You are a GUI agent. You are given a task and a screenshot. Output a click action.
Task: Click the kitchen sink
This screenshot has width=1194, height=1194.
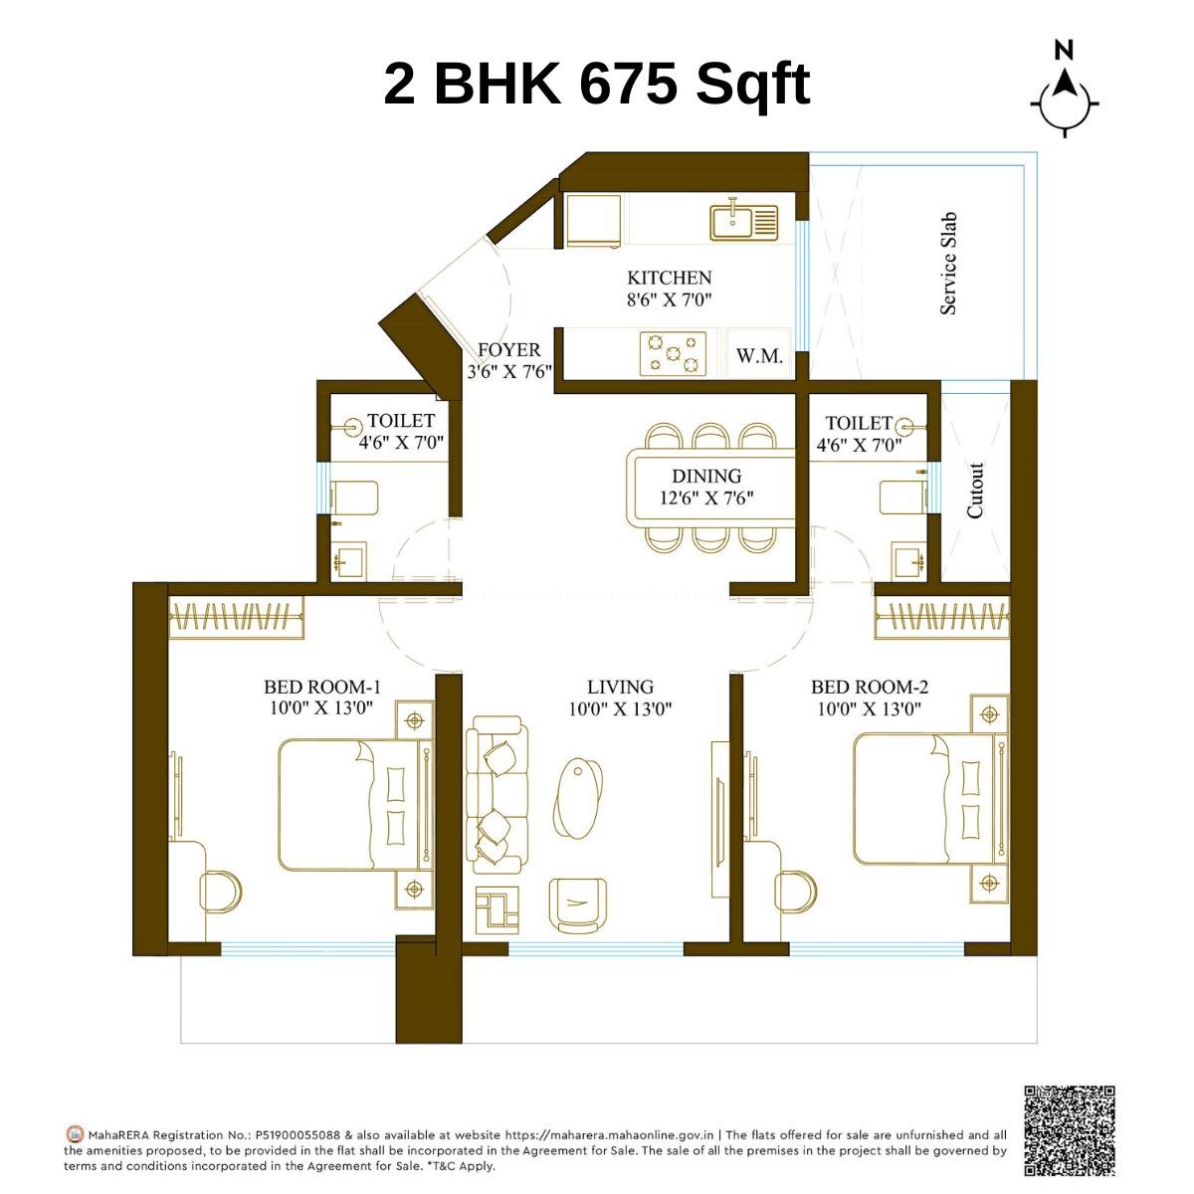743,221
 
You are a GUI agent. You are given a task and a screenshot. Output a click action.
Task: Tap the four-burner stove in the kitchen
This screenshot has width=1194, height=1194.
673,354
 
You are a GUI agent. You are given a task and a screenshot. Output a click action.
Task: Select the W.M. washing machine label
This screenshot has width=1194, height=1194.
759,356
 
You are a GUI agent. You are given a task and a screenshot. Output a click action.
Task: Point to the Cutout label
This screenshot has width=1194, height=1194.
975,490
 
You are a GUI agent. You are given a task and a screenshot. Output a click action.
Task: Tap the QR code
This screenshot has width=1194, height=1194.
1069,1129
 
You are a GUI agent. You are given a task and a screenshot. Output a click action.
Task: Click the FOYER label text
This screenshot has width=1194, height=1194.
508,350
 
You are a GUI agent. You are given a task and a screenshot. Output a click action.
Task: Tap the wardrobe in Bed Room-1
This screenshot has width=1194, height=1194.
236,618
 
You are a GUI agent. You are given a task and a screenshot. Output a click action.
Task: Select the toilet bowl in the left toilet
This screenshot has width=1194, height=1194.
354,497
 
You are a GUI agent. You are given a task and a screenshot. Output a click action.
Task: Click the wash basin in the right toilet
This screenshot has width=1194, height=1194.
906,561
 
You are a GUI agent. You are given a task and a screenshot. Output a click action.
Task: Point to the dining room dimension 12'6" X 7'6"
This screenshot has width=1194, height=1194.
706,497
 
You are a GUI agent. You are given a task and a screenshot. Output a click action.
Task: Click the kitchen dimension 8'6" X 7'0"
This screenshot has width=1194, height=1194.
669,298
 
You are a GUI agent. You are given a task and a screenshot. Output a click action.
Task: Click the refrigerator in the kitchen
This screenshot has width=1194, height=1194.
594,219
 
